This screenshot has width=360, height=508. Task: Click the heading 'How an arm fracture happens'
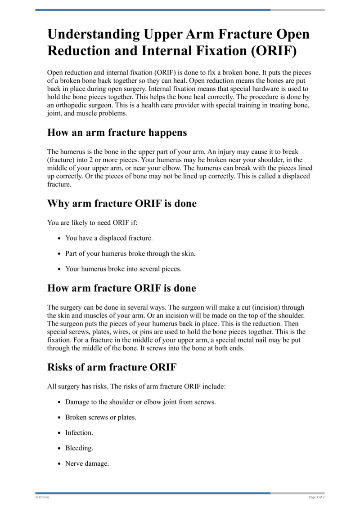click(x=117, y=133)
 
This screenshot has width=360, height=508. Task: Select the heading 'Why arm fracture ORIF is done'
click(x=122, y=204)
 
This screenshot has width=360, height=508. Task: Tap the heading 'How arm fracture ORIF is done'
click(x=121, y=288)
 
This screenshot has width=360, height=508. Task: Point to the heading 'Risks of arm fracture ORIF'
click(x=112, y=367)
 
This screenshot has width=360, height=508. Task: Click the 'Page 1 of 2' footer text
click(x=316, y=497)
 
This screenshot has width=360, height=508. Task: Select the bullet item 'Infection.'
click(x=79, y=432)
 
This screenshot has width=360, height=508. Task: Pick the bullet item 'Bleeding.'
click(x=79, y=448)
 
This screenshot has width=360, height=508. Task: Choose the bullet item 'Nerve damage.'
click(x=87, y=463)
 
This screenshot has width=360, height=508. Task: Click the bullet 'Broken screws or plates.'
click(x=101, y=417)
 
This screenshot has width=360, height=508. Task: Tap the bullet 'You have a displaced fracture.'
click(x=109, y=238)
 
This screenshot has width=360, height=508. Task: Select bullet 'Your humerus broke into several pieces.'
click(x=123, y=269)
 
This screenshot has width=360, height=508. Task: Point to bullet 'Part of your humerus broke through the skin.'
click(x=130, y=254)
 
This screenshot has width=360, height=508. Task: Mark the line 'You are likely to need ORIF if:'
click(x=92, y=222)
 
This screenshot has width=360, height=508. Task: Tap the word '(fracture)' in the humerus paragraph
click(x=62, y=160)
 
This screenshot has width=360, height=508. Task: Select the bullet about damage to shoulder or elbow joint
click(x=140, y=402)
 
